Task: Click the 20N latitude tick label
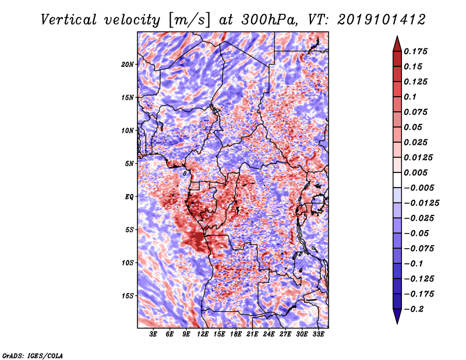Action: pos(128,65)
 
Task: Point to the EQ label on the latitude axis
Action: pos(129,197)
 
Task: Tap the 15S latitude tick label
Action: pos(128,296)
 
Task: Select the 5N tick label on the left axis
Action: pos(129,164)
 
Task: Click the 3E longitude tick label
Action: pos(153,334)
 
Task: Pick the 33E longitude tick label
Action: pos(318,334)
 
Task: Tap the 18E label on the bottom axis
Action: pos(236,334)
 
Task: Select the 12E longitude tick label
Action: pos(203,334)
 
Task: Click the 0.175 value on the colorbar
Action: pos(415,51)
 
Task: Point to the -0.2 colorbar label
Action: pos(414,309)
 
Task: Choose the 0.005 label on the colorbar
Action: pos(415,172)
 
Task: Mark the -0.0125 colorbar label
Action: pos(422,203)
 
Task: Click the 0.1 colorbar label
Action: pos(410,97)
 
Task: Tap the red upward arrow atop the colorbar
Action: pos(397,44)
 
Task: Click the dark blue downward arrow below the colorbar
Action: pos(397,316)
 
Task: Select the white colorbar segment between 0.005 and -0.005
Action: pos(397,180)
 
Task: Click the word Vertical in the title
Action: pos(69,20)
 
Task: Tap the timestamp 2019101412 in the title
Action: pos(381,20)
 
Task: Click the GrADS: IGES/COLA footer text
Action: pos(33,356)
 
